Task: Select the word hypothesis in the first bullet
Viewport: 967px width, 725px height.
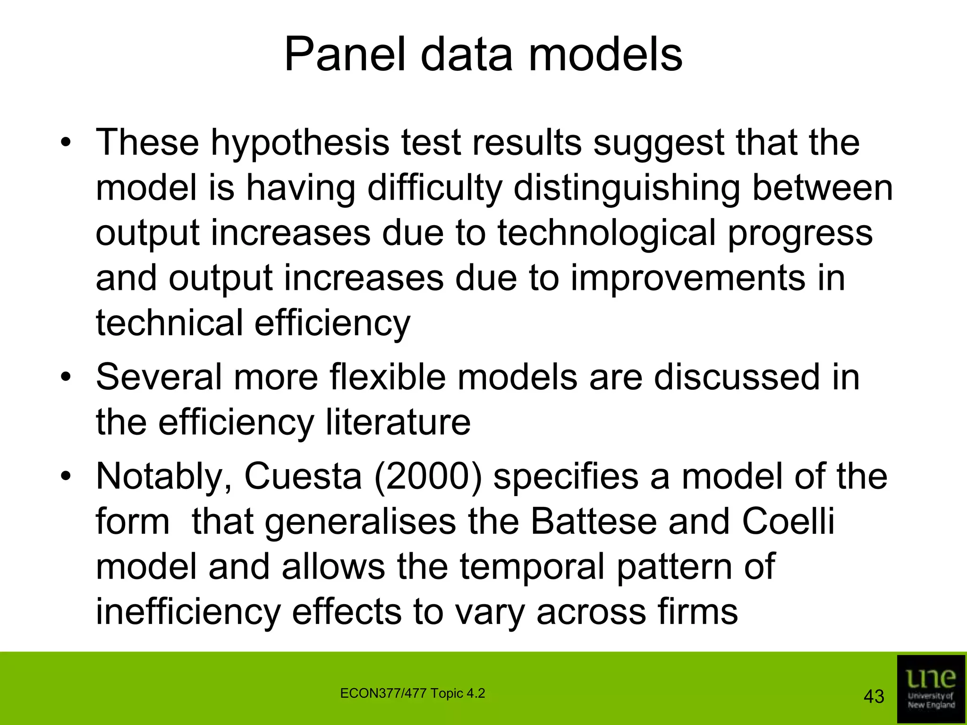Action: pos(300,143)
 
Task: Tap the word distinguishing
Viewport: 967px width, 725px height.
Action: pos(626,188)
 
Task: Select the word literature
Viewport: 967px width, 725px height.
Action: pos(398,422)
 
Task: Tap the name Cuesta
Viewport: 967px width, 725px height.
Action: pos(303,476)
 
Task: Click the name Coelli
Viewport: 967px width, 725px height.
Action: pos(788,522)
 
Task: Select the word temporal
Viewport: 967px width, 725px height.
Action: pos(532,567)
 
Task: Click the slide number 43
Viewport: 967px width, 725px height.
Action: pos(874,697)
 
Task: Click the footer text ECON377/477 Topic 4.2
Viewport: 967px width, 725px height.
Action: pos(412,693)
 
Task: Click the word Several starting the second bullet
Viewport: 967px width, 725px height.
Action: pos(159,377)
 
